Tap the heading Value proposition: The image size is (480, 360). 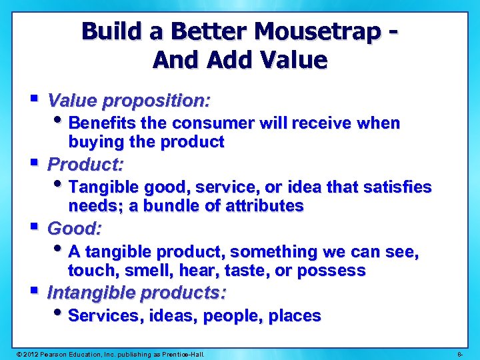tap(129, 101)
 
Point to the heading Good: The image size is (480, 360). tap(75, 229)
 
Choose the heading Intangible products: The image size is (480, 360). tap(137, 293)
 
